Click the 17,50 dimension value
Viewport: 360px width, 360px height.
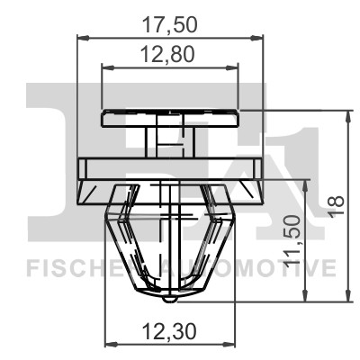(x=172, y=19)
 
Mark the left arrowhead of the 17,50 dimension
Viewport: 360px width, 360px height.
(x=82, y=37)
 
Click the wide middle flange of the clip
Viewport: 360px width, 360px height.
(x=172, y=167)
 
